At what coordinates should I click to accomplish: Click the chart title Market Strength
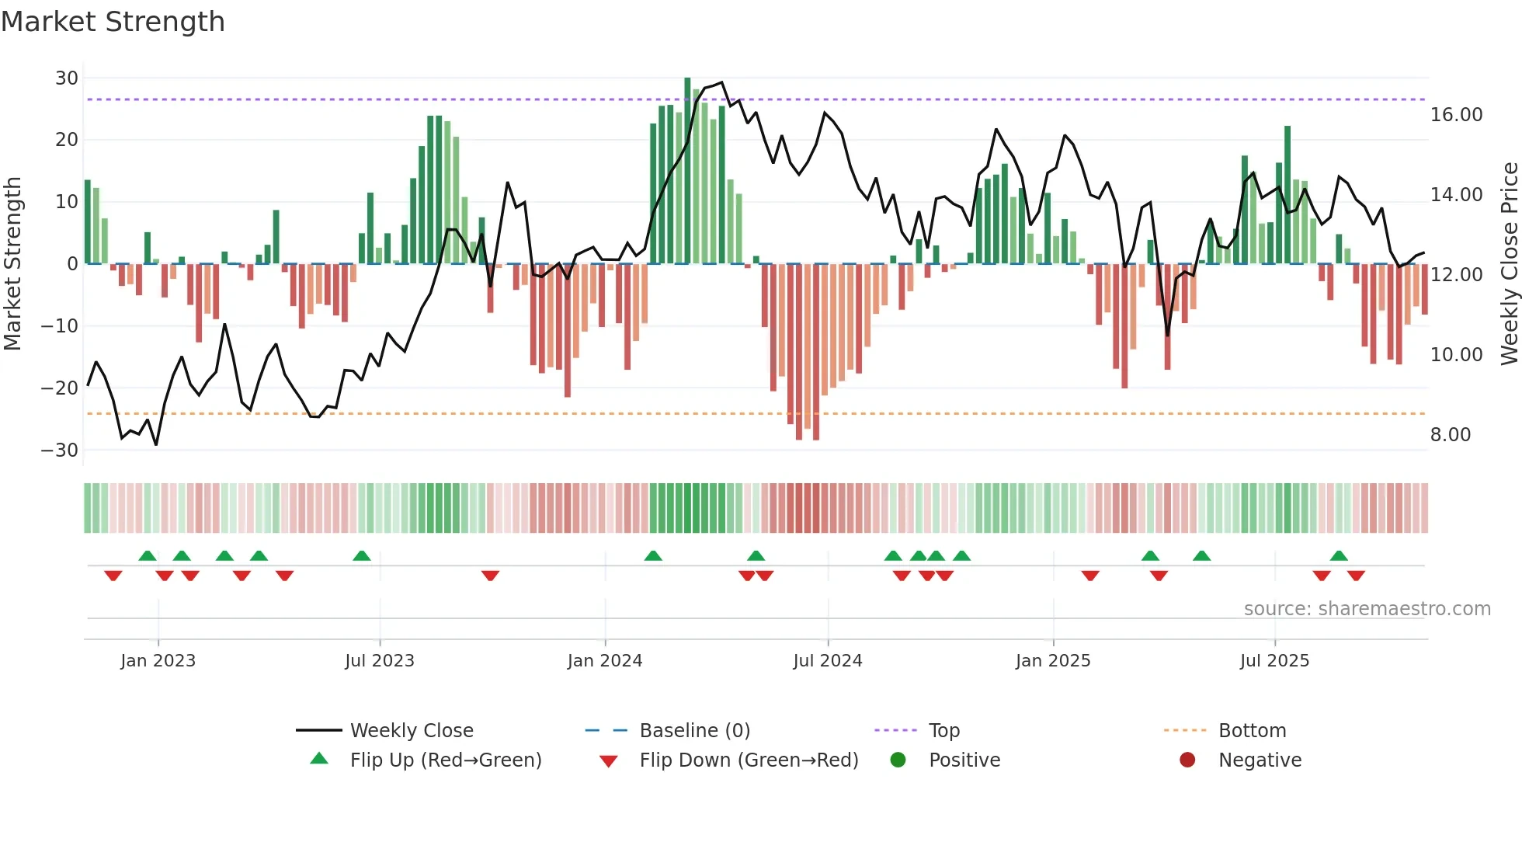click(x=113, y=22)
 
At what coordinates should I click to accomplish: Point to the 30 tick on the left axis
click(x=67, y=78)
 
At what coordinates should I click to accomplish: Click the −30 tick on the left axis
click(x=61, y=450)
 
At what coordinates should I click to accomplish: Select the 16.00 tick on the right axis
click(x=1456, y=115)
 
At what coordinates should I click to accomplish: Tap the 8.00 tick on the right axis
click(x=1450, y=435)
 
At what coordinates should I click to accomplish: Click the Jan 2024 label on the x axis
click(x=604, y=661)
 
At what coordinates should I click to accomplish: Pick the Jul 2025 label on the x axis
click(x=1274, y=661)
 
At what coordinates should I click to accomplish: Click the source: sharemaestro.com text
click(x=1367, y=609)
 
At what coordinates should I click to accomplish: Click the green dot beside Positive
click(x=898, y=760)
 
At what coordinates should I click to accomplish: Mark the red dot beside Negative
click(x=1187, y=760)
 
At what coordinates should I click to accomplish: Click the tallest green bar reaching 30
click(x=687, y=171)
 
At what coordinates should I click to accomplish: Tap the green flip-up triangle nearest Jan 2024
click(x=653, y=555)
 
